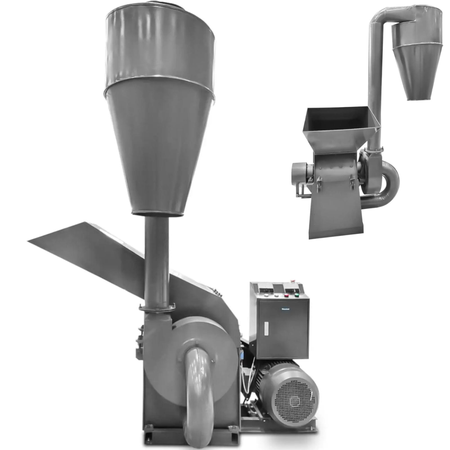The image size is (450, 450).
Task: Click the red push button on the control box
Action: tap(286, 295)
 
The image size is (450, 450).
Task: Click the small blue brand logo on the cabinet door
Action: tap(285, 309)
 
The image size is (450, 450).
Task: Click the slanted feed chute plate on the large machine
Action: tap(84, 253)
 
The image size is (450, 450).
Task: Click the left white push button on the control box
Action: tap(266, 295)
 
